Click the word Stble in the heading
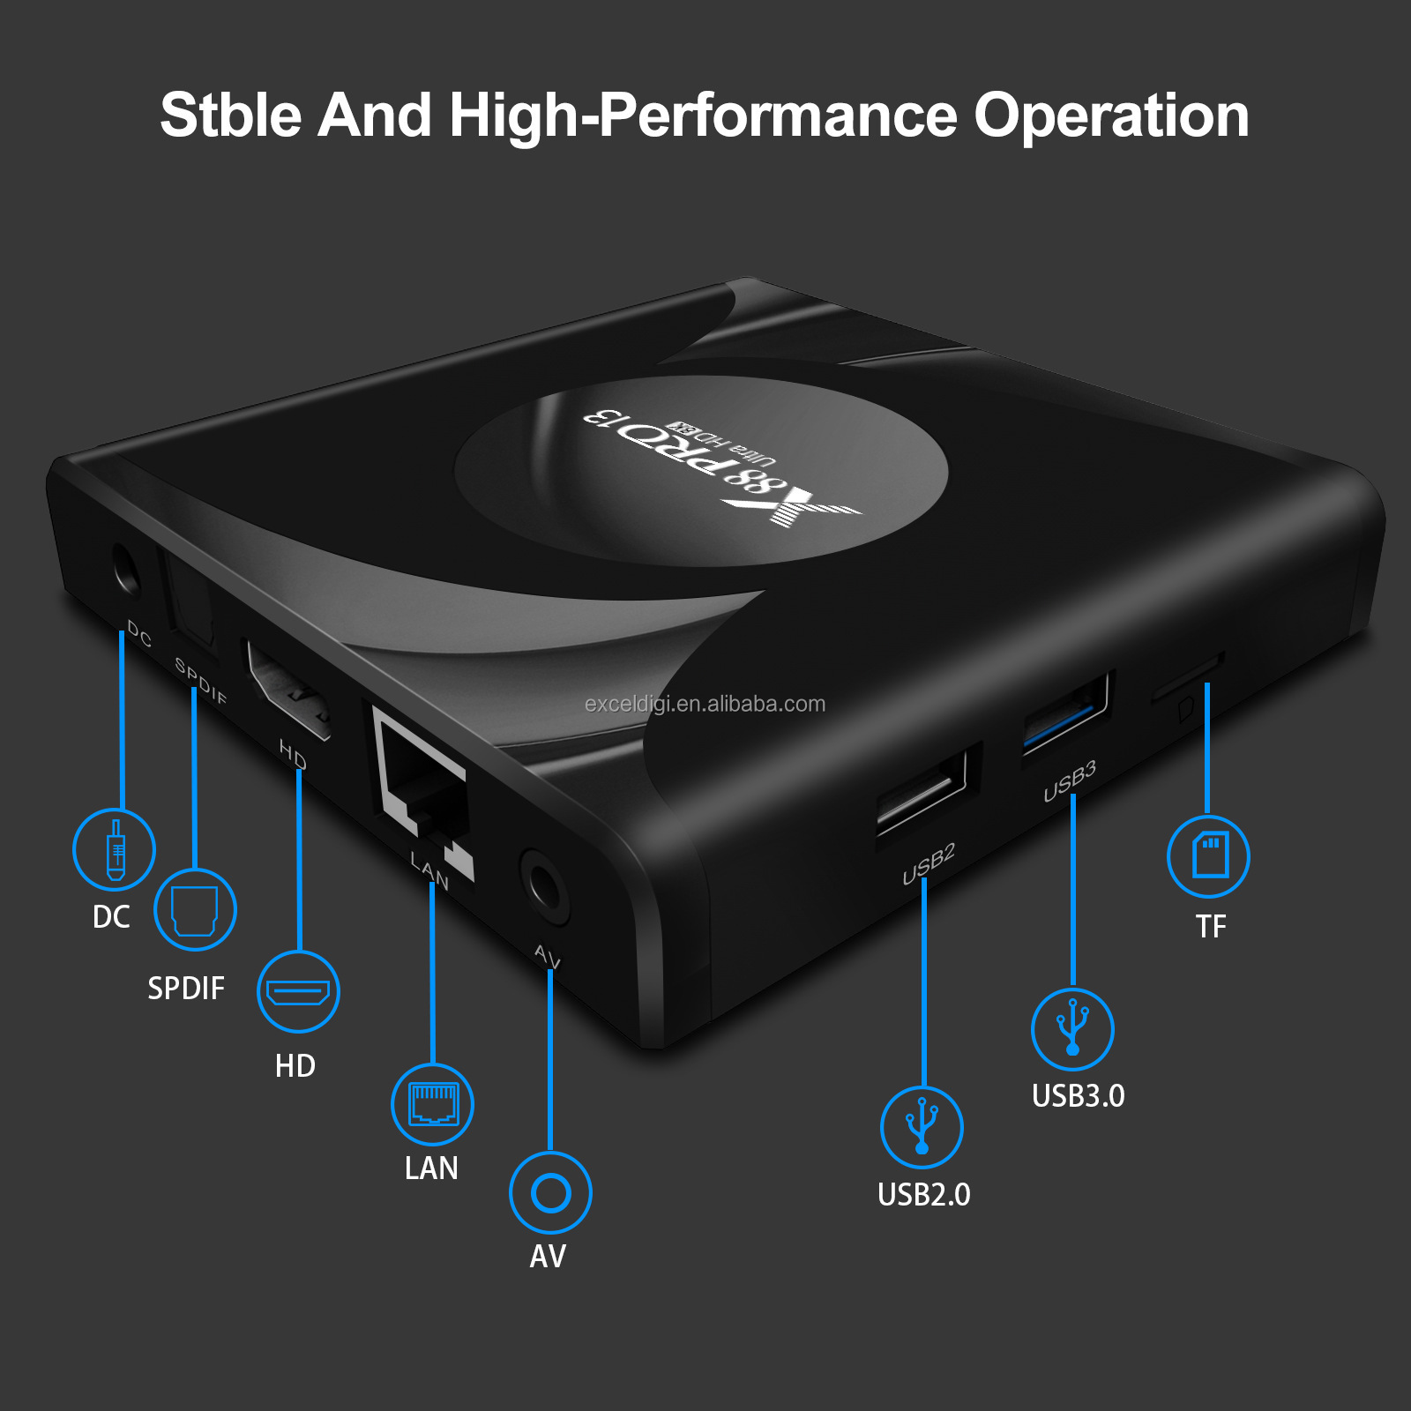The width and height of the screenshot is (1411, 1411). [x=232, y=116]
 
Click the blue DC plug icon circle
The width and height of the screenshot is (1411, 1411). [x=114, y=849]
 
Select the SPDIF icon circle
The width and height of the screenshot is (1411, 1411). [x=195, y=909]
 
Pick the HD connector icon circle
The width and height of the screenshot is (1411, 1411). [x=298, y=991]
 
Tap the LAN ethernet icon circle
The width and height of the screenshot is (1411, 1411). [x=432, y=1104]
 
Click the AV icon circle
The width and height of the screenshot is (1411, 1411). [x=550, y=1192]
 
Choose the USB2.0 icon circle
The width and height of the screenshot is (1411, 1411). [x=922, y=1127]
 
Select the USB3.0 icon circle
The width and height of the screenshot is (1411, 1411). [x=1072, y=1029]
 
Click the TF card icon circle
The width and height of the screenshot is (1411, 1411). [x=1208, y=856]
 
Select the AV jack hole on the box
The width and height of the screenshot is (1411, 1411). [x=543, y=885]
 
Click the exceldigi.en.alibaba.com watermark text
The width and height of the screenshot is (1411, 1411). [x=705, y=704]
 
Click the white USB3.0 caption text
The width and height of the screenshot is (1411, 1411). [x=1078, y=1095]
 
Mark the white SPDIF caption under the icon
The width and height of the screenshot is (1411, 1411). [x=186, y=989]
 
